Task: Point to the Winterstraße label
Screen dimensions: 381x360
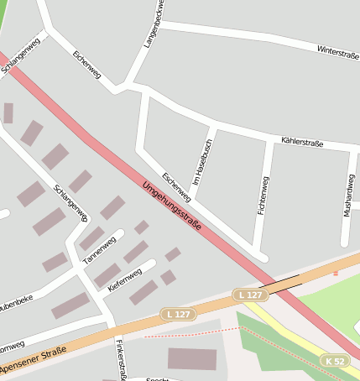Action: tap(337, 52)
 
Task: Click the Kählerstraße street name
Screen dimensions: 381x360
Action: tap(301, 143)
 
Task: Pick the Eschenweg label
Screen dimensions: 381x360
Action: tap(177, 187)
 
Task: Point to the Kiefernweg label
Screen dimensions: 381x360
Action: tap(124, 279)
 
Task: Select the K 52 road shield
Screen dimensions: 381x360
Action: tap(334, 361)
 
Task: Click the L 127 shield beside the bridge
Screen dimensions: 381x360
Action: tap(251, 295)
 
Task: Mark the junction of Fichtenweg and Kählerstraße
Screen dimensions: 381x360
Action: tap(269, 137)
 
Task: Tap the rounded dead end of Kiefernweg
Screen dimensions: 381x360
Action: tap(152, 264)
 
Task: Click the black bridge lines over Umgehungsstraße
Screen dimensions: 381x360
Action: tap(279, 282)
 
